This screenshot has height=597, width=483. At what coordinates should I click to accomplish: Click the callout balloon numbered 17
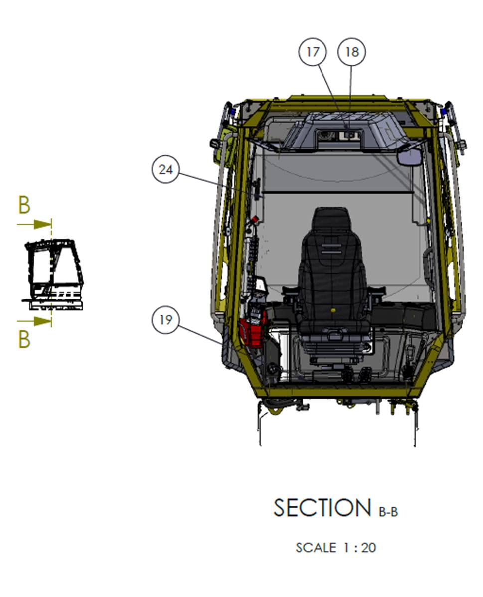point(313,52)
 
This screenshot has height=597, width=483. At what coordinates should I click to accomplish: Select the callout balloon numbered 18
point(351,52)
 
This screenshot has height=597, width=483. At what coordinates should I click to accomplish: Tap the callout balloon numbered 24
point(165,169)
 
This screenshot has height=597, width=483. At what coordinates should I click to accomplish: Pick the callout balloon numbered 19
point(165,320)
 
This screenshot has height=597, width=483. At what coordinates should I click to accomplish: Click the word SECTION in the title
point(322,508)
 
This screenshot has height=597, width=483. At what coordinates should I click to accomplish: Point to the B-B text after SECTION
point(388,512)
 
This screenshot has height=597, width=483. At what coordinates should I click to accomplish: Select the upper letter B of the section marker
point(24,205)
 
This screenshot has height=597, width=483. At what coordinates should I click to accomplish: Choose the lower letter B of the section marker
point(24,339)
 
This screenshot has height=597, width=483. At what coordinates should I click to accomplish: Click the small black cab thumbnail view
point(53,274)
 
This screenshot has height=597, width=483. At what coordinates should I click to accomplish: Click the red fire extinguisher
point(253,327)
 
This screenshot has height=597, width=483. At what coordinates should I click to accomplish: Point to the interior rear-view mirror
point(410,156)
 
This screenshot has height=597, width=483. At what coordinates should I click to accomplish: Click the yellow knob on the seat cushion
point(333,310)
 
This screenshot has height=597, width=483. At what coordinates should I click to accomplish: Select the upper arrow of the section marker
point(34,224)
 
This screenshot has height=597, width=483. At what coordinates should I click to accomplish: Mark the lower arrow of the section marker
point(34,321)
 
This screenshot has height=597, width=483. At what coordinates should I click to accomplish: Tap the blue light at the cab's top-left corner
point(232,112)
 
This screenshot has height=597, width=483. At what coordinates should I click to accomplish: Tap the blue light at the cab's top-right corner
point(443,112)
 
